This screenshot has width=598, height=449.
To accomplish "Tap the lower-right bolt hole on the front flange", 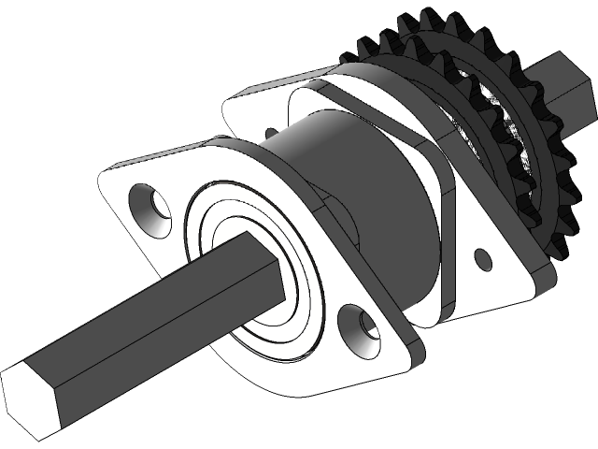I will pos(361,330).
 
